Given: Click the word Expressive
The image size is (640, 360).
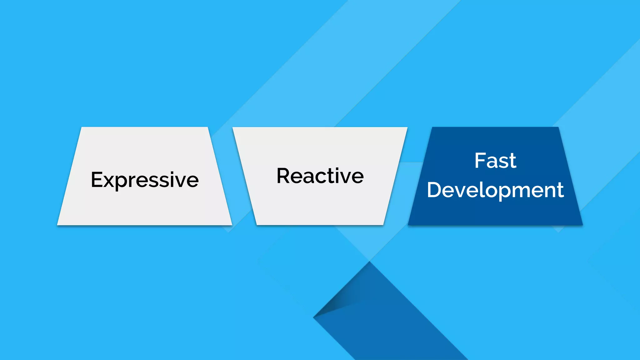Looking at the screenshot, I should coord(145,180).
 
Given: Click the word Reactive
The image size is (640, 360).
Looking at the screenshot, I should coord(320,176).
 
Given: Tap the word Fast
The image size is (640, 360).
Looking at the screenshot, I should coord(495,161).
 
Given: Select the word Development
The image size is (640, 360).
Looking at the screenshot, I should coord(495,190).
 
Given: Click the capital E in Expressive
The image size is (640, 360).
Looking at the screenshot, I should coord(97,180).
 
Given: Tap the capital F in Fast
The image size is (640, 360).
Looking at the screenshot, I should coord(480,161).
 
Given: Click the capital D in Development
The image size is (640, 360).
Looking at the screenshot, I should coord(435,190).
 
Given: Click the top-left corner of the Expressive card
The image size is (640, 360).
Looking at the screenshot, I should coord(82,127).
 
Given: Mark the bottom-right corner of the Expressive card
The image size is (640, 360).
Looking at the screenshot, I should coord(232,224).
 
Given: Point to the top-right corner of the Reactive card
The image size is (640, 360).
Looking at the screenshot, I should coord(407,127).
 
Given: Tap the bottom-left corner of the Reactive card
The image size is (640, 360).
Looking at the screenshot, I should coord(257,224).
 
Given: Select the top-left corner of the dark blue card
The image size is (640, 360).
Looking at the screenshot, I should coord(432,127).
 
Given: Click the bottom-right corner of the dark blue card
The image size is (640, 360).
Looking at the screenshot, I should coord(582,224).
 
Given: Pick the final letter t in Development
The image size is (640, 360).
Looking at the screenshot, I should coord(560,190).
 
